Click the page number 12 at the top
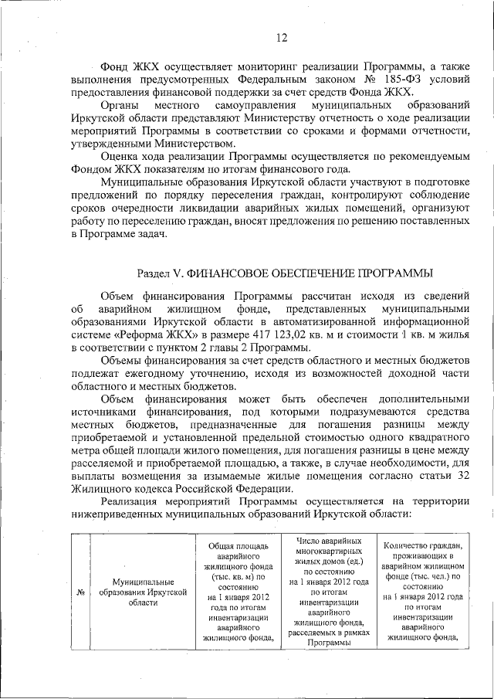[282, 38]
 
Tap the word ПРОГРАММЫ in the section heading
[389, 273]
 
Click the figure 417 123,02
[286, 334]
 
